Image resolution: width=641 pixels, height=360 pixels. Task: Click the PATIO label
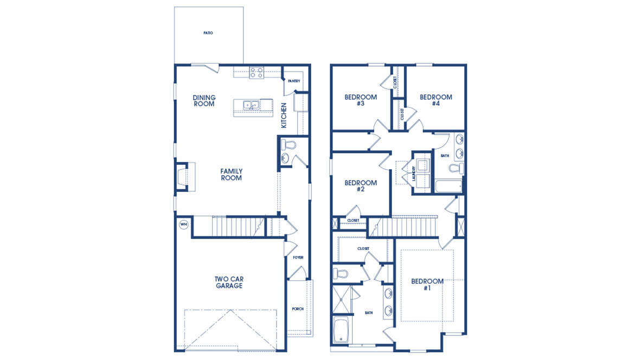click(x=208, y=33)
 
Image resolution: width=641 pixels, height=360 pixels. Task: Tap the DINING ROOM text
click(x=204, y=101)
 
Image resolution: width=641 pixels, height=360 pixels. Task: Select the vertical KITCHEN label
click(x=284, y=115)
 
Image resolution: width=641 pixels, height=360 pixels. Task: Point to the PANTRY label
click(x=294, y=81)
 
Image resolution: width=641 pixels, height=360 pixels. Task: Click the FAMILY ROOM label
click(x=231, y=175)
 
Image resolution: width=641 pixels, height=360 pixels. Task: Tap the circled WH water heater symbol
click(x=183, y=224)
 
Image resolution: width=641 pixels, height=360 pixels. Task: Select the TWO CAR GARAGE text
click(x=229, y=282)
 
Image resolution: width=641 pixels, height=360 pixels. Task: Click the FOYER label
click(x=298, y=258)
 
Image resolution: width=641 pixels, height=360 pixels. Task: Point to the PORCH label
click(x=298, y=309)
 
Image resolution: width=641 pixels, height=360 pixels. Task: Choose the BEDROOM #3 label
click(x=360, y=101)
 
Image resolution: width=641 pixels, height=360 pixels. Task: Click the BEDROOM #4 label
click(x=435, y=101)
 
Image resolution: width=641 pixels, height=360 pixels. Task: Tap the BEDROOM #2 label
click(x=360, y=186)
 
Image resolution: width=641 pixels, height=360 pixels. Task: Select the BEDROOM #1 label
click(x=427, y=285)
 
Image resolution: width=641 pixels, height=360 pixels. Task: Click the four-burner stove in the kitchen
click(x=257, y=73)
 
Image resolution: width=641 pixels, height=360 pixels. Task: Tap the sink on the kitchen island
click(x=251, y=105)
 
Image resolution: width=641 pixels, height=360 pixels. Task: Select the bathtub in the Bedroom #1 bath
click(x=341, y=330)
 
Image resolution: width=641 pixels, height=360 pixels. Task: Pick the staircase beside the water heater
click(x=228, y=226)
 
